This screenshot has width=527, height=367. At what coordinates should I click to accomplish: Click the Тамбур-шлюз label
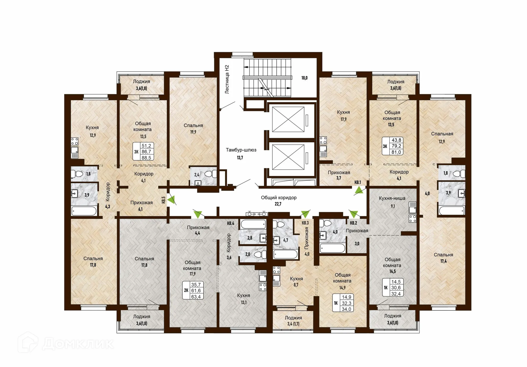pos(241,150)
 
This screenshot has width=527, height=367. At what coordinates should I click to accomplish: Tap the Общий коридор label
pos(279,198)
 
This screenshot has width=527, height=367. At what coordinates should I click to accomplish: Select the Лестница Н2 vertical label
pos(227,79)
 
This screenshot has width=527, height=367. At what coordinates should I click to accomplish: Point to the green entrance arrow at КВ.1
pos(359,190)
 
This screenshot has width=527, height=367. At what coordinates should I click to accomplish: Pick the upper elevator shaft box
pos(288,119)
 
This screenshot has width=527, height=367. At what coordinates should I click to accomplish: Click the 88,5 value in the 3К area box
pos(146,158)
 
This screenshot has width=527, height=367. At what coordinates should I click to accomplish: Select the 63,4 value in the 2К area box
pos(196,297)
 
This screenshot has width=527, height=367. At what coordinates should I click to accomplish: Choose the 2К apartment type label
pos(186,290)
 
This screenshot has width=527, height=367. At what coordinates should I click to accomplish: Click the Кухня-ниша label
pos(392,198)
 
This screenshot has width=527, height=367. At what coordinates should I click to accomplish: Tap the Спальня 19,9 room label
pos(193,128)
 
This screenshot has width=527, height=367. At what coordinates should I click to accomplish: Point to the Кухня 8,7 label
pos(296,282)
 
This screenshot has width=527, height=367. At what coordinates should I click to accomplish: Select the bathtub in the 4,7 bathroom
pos(286,254)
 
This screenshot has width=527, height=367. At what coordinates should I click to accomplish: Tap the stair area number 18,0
pos(304,78)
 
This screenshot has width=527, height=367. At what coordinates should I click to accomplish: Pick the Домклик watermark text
pos(78,344)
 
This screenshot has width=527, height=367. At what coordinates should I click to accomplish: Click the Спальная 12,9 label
pos(442,138)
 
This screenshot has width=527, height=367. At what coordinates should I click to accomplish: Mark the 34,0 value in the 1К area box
pos(346,309)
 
